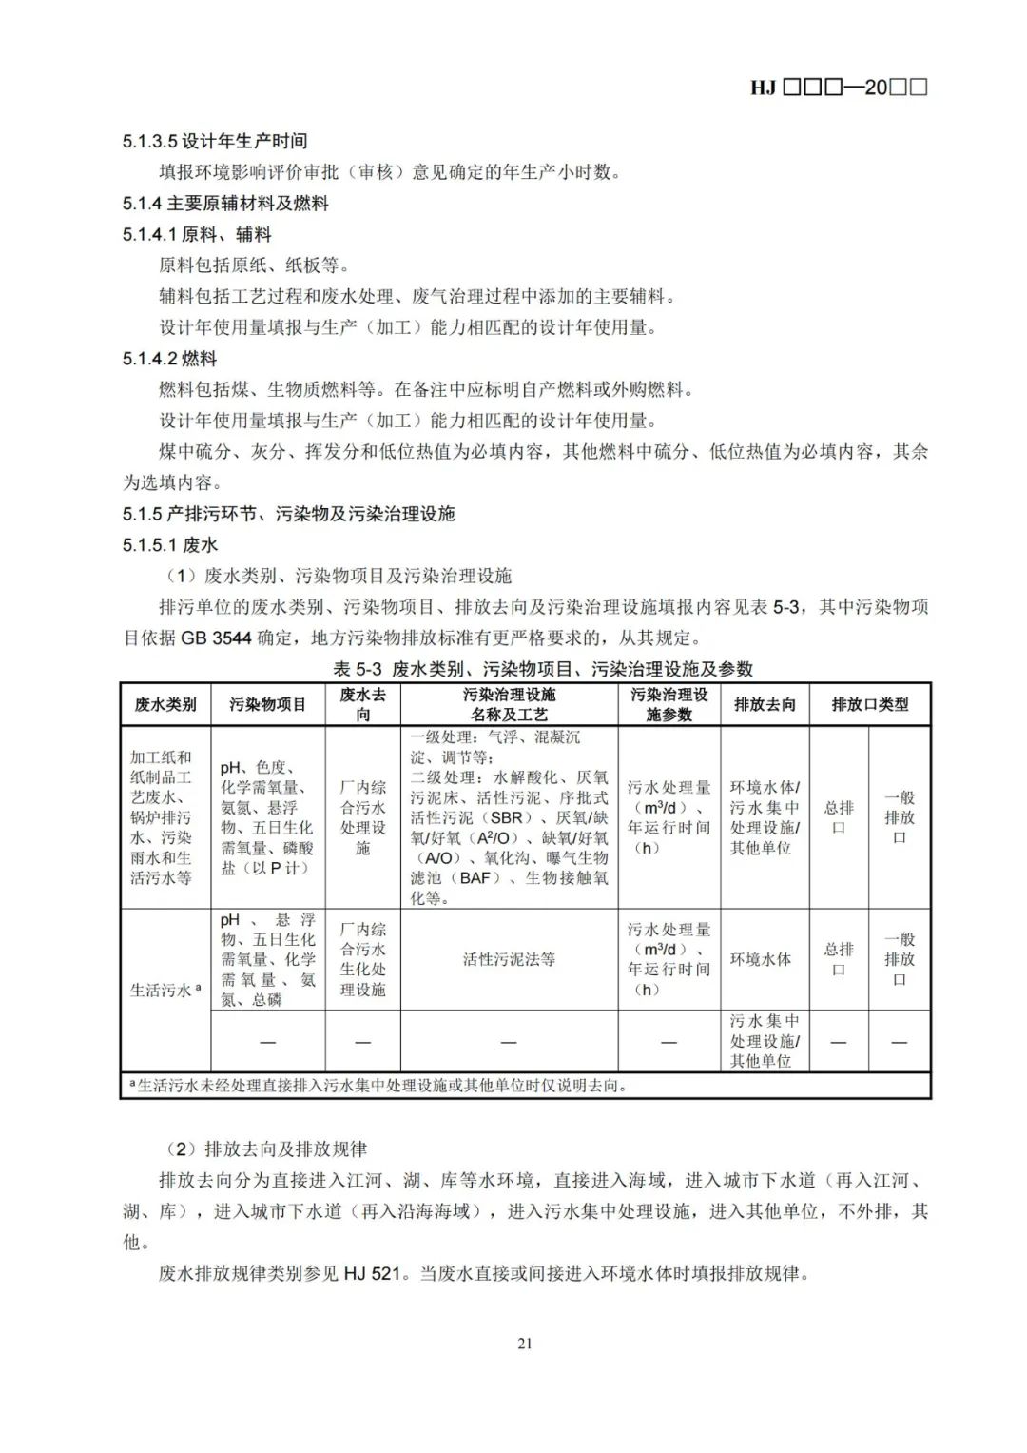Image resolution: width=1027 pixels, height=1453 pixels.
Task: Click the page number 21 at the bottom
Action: (x=525, y=1344)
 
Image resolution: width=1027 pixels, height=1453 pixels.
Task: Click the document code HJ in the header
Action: (x=763, y=88)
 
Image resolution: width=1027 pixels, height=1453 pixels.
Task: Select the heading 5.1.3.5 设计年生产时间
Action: (x=215, y=141)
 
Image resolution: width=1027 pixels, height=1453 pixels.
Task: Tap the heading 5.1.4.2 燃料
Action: (x=170, y=359)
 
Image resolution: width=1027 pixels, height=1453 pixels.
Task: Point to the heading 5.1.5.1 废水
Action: (x=170, y=544)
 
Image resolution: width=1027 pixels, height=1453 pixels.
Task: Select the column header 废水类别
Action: (x=165, y=704)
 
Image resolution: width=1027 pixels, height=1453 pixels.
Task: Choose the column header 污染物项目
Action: (x=267, y=704)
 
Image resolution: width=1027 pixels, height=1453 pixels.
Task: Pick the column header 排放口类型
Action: (x=869, y=704)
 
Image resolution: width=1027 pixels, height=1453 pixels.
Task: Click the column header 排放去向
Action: (x=765, y=704)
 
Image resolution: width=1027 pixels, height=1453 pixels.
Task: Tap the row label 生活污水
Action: (x=164, y=991)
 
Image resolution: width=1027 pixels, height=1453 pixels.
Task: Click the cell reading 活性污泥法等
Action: (x=509, y=959)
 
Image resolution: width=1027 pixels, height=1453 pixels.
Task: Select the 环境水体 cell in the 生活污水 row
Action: (x=761, y=959)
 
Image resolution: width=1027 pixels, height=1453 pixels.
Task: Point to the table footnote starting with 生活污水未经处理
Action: (x=380, y=1085)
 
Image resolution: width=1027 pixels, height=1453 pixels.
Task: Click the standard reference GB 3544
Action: (x=217, y=638)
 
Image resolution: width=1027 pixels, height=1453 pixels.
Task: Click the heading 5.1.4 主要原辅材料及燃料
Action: (x=225, y=203)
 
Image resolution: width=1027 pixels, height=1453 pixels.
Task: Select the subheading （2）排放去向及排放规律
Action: (x=265, y=1149)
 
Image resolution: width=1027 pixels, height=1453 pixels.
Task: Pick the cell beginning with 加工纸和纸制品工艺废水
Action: (x=161, y=817)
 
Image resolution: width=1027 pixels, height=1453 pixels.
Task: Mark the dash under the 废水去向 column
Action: (x=362, y=1042)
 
